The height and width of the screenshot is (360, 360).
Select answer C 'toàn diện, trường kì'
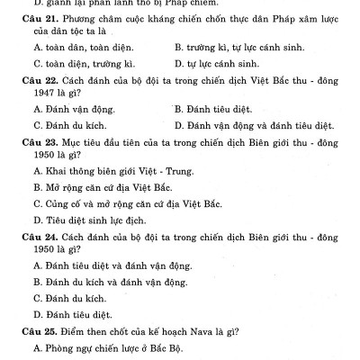[78, 64]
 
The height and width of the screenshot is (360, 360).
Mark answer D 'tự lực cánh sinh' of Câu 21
[217, 64]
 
